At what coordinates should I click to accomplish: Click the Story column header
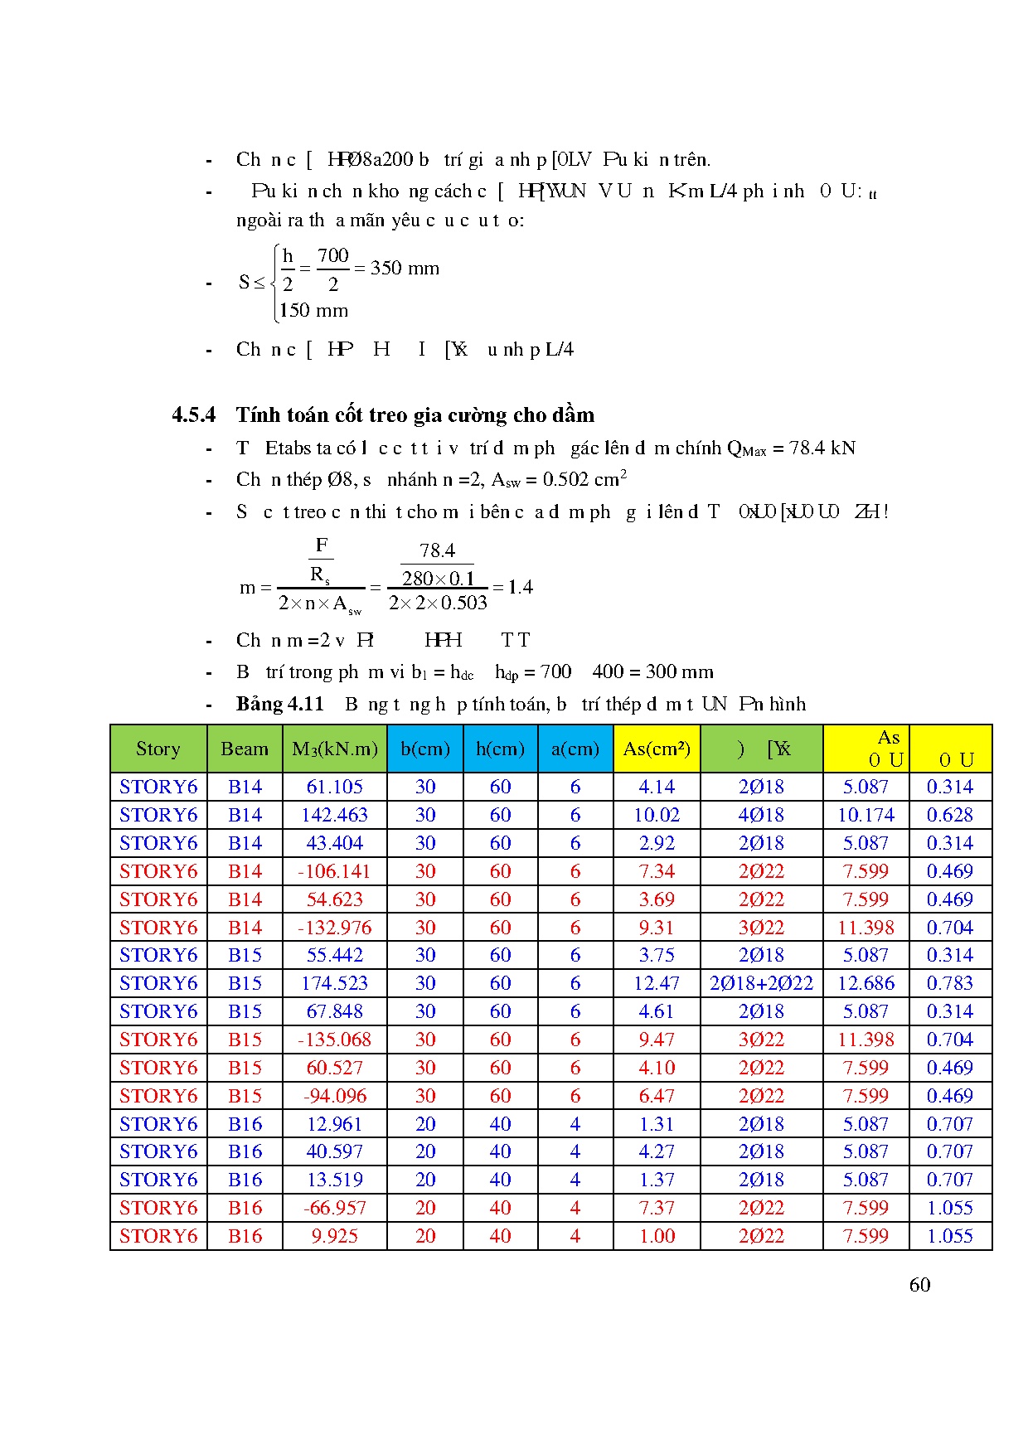(x=158, y=749)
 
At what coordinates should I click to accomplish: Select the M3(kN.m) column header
(x=334, y=749)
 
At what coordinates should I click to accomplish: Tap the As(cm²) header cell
(x=657, y=749)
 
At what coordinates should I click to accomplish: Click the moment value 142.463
(x=334, y=815)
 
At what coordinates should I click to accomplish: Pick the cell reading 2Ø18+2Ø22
(x=761, y=983)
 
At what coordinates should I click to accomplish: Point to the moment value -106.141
(x=334, y=871)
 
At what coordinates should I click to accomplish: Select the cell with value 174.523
(x=334, y=983)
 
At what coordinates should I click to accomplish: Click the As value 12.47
(x=657, y=983)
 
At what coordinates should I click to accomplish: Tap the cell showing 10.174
(x=866, y=815)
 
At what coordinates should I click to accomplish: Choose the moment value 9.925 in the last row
(x=334, y=1236)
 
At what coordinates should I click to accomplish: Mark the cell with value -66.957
(x=334, y=1208)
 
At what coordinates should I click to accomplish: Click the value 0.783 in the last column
(x=950, y=983)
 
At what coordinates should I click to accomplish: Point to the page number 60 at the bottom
(x=919, y=1285)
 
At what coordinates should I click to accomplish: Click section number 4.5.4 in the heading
(x=193, y=414)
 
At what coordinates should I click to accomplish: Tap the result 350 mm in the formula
(x=405, y=269)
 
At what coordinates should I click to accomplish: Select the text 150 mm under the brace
(x=314, y=311)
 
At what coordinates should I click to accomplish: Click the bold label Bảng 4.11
(x=279, y=704)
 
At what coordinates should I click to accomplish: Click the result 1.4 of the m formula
(x=520, y=588)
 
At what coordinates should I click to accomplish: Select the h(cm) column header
(x=500, y=749)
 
